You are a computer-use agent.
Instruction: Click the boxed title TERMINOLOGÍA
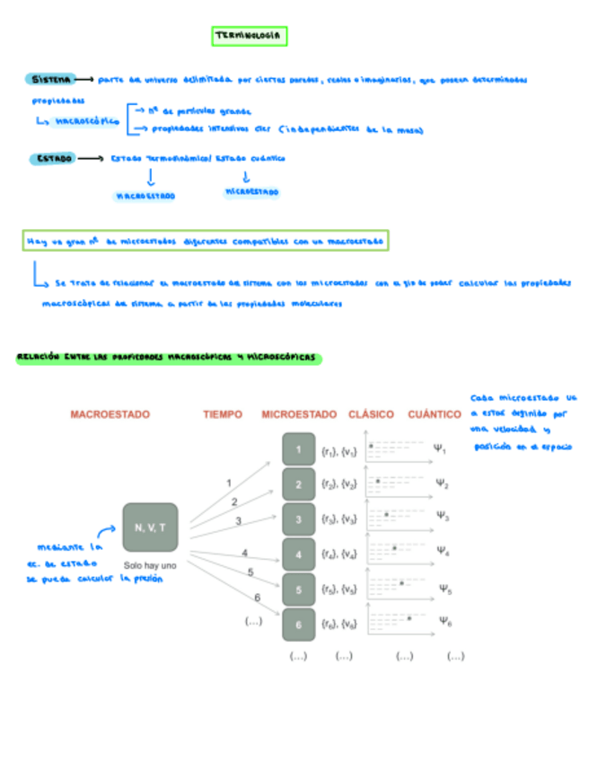pyautogui.click(x=250, y=36)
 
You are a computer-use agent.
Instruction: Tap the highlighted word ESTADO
pyautogui.click(x=52, y=158)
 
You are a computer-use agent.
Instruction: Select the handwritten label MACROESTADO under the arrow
pyautogui.click(x=145, y=195)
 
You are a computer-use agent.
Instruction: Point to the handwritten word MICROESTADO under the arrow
pyautogui.click(x=251, y=192)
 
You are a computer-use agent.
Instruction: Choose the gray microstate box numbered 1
pyautogui.click(x=298, y=449)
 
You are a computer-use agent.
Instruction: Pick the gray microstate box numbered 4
pyautogui.click(x=298, y=554)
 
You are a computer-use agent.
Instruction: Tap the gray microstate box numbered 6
pyautogui.click(x=298, y=624)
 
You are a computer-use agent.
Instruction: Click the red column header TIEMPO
pyautogui.click(x=223, y=414)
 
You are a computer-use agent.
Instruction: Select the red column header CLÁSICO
pyautogui.click(x=371, y=414)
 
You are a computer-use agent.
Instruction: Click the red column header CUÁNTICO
pyautogui.click(x=435, y=414)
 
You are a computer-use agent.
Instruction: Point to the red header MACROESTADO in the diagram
pyautogui.click(x=110, y=414)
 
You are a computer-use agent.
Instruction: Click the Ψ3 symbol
pyautogui.click(x=442, y=516)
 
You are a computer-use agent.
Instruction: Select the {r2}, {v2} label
pyautogui.click(x=338, y=484)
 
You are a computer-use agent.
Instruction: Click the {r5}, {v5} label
pyautogui.click(x=338, y=589)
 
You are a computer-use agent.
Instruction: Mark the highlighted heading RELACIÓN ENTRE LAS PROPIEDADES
pyautogui.click(x=168, y=358)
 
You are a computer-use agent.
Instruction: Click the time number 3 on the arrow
pyautogui.click(x=239, y=520)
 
